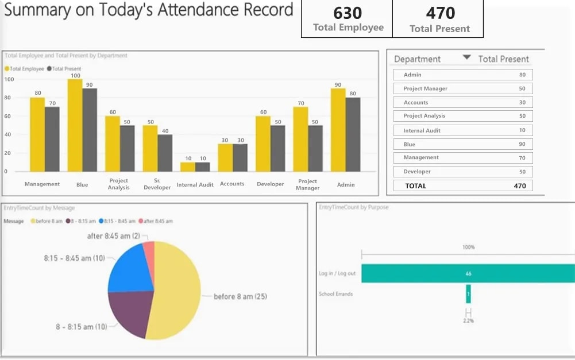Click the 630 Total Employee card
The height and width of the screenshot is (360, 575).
[348, 19]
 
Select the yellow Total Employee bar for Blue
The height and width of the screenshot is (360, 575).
[75, 125]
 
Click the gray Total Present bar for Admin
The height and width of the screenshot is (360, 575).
[353, 134]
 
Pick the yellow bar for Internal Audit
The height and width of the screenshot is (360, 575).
[187, 167]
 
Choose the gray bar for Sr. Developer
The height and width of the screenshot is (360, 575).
[165, 153]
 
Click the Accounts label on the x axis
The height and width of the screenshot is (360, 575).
[232, 184]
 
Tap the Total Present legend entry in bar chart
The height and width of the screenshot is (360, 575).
[66, 69]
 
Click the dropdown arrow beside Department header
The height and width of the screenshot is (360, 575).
[466, 57]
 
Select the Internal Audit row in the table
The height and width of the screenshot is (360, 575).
[463, 131]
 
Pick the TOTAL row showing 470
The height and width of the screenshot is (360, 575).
[463, 185]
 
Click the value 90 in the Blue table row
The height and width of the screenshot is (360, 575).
[522, 145]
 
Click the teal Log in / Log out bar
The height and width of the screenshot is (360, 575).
[468, 274]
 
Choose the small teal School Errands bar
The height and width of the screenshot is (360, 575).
[468, 294]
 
